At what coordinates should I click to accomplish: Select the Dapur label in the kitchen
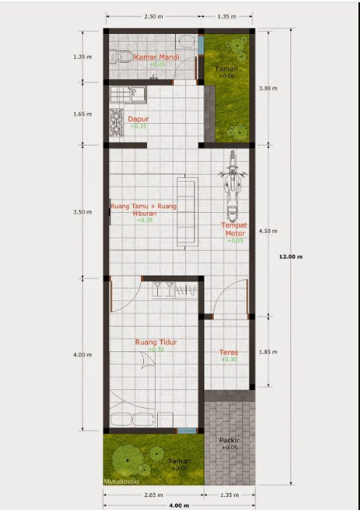coord(139,119)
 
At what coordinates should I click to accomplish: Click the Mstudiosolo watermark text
coord(124,481)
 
